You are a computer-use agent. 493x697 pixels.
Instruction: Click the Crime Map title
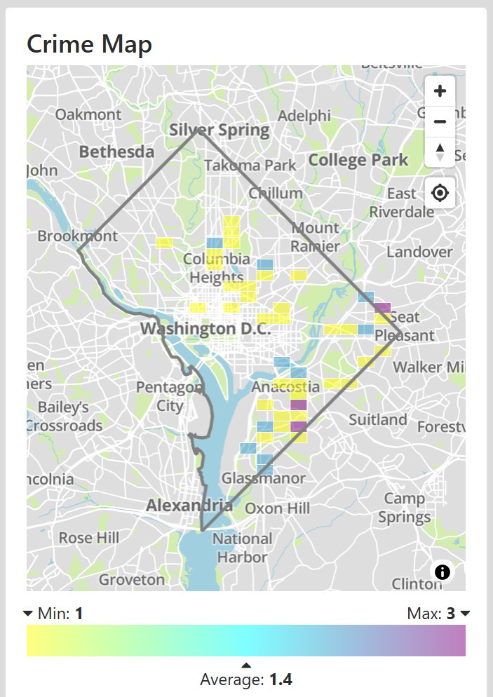(89, 44)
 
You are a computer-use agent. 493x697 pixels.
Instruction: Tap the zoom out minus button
(440, 121)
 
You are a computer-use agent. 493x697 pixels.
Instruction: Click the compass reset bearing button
(440, 151)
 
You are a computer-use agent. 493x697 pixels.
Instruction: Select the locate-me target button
(440, 193)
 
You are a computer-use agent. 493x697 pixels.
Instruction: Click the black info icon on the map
(443, 571)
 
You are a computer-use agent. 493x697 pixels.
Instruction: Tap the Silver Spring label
(219, 130)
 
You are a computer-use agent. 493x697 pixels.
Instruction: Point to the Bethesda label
(116, 151)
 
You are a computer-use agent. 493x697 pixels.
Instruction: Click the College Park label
(358, 160)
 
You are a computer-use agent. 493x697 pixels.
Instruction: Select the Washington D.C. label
(198, 328)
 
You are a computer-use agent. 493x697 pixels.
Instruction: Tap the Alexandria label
(189, 505)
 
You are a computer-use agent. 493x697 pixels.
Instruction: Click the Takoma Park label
(251, 165)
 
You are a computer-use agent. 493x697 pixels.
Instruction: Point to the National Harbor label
(242, 548)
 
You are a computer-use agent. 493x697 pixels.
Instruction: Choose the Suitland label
(378, 419)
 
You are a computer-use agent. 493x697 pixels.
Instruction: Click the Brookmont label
(78, 236)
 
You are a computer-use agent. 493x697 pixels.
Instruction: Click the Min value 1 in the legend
(79, 614)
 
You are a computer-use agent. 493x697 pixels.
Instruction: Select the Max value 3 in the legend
(450, 614)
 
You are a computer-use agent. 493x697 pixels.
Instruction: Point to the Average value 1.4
(281, 679)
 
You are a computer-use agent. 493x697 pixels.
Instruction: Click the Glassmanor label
(264, 478)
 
